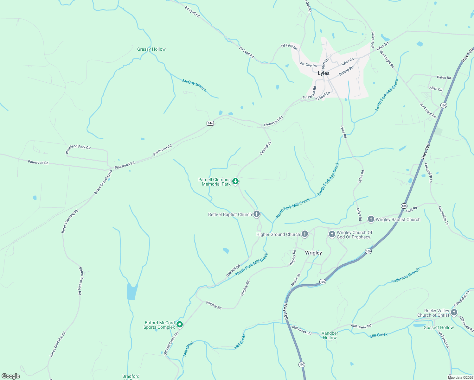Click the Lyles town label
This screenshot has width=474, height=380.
(x=323, y=73)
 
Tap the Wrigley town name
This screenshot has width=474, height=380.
(x=313, y=253)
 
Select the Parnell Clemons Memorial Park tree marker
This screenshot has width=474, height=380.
(x=235, y=181)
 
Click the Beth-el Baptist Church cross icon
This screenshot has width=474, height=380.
(x=257, y=214)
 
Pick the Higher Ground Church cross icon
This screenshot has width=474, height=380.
(x=304, y=234)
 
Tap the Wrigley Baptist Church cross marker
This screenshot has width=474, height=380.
(x=371, y=219)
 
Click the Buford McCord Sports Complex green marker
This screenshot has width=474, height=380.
(x=180, y=324)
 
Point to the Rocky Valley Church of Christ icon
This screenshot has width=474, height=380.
(x=454, y=313)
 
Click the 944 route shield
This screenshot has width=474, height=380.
(x=210, y=123)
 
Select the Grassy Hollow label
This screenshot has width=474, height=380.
(x=151, y=49)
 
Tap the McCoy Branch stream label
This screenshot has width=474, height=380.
(x=194, y=85)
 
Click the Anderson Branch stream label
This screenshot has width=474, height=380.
(x=405, y=275)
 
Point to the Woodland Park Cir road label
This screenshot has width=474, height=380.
(x=78, y=149)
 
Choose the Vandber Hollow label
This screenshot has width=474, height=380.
(x=330, y=335)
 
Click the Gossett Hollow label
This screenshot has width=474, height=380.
(x=439, y=327)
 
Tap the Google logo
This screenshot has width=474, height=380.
(x=11, y=376)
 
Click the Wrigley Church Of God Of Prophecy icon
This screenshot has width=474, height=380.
(x=332, y=234)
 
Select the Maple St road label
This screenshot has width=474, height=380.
(x=295, y=280)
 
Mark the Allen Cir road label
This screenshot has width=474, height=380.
(x=436, y=89)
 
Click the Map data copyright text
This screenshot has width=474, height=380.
(x=460, y=377)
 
